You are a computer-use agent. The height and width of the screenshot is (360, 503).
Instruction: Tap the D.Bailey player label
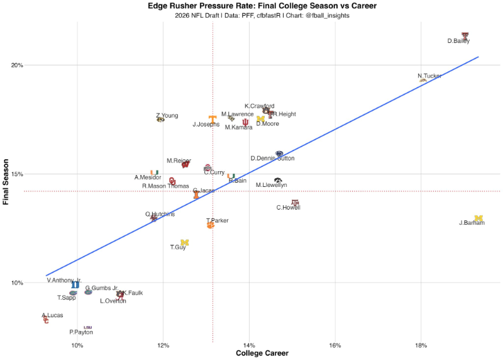458,42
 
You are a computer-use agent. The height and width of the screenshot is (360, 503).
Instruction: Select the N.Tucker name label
429,76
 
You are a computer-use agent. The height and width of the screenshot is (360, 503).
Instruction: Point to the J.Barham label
472,223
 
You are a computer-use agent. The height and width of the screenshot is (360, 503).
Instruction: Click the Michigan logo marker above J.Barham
478,218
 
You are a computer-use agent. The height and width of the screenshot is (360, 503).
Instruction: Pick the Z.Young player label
167,116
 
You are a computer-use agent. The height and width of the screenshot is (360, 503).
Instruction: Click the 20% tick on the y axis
17,65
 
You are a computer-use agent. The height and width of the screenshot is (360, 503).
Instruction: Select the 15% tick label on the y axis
17,174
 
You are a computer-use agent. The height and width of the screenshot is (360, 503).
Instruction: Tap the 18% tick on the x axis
421,346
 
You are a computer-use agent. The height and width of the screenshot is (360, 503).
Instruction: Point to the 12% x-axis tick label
163,346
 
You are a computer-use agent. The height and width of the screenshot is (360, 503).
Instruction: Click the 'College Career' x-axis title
262,354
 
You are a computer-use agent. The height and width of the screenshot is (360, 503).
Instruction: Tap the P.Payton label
81,332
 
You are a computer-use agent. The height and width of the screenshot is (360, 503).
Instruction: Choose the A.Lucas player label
52,315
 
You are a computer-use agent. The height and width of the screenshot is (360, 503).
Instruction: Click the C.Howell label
289,208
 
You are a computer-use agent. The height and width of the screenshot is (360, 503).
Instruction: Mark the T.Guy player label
178,247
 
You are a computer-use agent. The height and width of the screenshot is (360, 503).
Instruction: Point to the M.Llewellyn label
271,185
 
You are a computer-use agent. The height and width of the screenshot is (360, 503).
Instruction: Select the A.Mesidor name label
148,177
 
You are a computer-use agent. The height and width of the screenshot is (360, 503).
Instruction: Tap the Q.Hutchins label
160,214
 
